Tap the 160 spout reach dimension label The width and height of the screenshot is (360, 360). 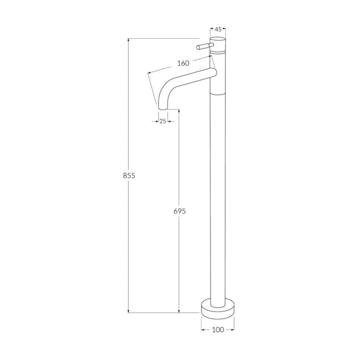183,63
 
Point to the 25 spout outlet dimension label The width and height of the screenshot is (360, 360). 163,121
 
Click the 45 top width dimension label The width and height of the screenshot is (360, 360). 218,30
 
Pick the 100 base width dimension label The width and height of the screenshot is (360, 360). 218,330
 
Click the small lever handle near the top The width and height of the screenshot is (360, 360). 203,46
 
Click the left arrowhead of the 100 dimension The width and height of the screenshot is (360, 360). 203,330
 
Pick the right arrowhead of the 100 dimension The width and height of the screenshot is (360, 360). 233,330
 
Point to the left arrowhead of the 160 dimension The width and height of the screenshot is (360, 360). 149,73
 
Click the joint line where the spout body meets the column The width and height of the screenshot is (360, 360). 218,94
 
